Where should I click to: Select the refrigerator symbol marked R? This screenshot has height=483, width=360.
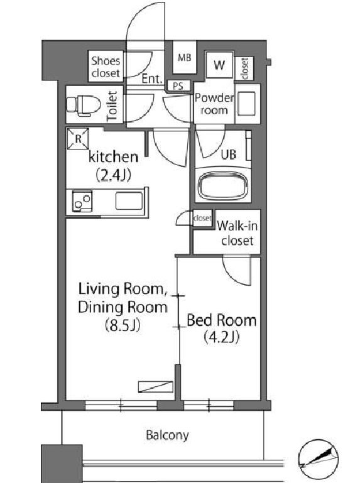[78, 139]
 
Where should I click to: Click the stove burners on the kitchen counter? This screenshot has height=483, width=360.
[82, 202]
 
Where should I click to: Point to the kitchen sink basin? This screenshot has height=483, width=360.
[129, 201]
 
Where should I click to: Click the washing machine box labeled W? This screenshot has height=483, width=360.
[219, 65]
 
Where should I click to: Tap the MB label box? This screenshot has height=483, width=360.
[184, 57]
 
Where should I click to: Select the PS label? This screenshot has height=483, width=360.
[178, 86]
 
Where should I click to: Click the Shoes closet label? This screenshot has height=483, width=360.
[106, 67]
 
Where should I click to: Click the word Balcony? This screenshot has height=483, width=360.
[167, 435]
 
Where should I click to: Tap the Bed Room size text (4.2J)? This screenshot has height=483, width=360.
[222, 337]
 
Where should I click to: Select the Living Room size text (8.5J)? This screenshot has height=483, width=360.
[123, 325]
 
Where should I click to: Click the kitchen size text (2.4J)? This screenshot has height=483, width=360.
[114, 175]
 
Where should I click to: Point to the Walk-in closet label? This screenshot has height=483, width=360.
[237, 233]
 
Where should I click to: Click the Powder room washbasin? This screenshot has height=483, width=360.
[246, 104]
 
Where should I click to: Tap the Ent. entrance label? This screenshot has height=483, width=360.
[152, 79]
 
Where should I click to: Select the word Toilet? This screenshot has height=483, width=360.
[112, 106]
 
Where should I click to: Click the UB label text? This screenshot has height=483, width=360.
[229, 155]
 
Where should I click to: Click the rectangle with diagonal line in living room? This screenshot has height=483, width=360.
[155, 387]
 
